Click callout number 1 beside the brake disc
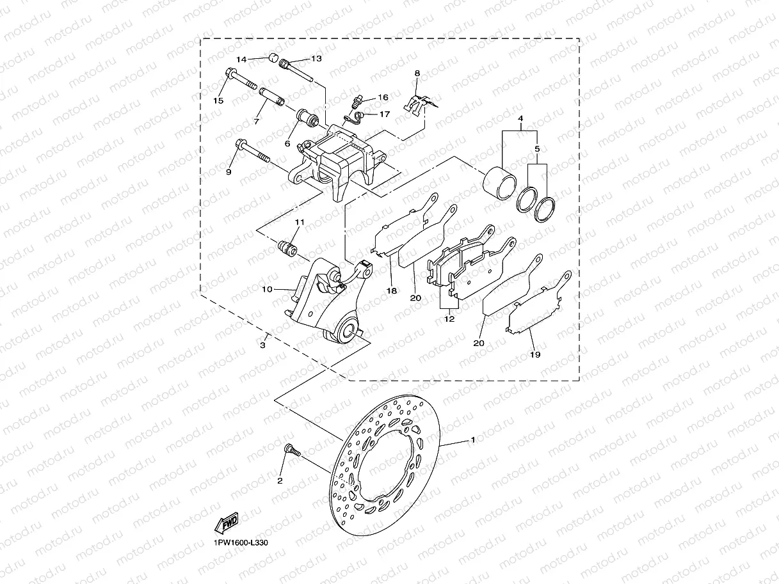point(472,439)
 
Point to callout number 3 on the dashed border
point(262,345)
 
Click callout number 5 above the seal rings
point(537,148)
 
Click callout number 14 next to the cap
point(241,59)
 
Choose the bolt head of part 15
point(230,75)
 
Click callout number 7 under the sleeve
point(256,121)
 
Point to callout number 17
point(384,114)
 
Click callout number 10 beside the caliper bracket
point(266,290)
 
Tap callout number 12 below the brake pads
point(449,319)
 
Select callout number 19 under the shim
point(535,354)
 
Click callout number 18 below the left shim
point(392,290)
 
